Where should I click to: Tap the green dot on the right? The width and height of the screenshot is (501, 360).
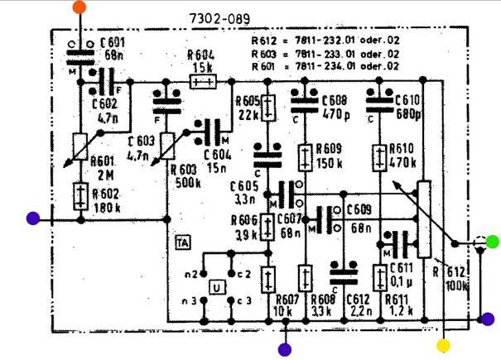click(x=492, y=242)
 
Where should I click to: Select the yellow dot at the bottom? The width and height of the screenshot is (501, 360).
click(x=444, y=344)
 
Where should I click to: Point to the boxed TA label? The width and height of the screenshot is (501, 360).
click(x=183, y=242)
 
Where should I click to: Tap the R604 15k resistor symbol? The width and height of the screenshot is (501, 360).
click(x=204, y=82)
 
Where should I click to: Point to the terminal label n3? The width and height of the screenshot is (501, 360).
click(x=190, y=300)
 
